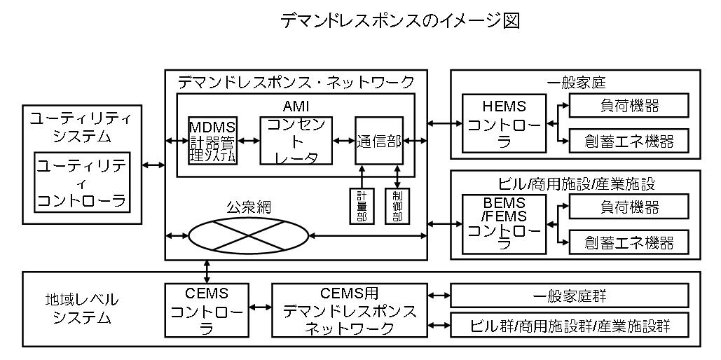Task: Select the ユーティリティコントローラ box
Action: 82,183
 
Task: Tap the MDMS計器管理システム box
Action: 213,140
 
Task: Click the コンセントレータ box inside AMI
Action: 294,140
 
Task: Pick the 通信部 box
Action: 378,140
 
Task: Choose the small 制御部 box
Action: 397,205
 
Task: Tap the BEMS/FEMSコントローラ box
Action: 504,224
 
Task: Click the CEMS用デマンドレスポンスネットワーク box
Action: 349,310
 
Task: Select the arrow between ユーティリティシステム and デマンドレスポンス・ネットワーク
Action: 153,165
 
